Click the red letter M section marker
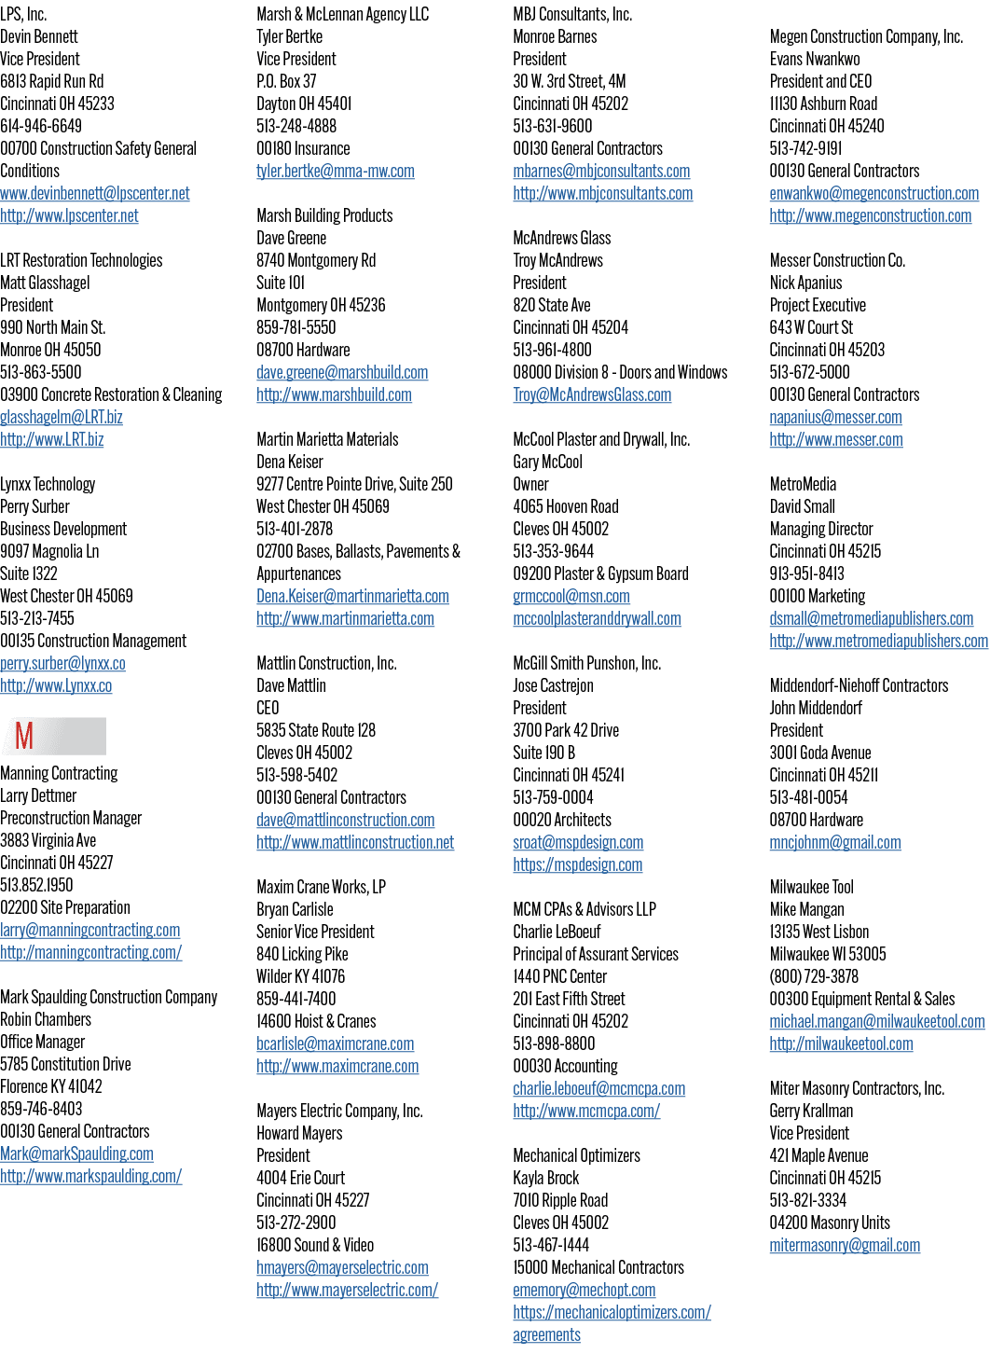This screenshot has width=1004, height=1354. [24, 736]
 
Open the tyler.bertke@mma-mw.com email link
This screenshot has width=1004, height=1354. [335, 171]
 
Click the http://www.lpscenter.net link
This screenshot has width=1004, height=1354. [69, 215]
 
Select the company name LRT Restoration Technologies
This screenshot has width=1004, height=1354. [81, 260]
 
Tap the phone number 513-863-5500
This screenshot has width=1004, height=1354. [40, 372]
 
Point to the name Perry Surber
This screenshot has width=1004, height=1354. [34, 506]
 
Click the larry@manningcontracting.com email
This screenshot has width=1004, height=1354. [89, 930]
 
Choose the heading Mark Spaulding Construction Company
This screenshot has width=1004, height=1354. [109, 997]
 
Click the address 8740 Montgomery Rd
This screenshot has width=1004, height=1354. [316, 260]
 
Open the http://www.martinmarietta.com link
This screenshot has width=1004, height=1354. [346, 618]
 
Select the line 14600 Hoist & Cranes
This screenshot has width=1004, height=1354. [316, 1021]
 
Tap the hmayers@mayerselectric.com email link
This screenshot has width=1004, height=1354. [342, 1267]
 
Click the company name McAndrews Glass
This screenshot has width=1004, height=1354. [562, 238]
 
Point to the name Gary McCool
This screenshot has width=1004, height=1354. [547, 462]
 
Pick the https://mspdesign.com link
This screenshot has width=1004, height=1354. [577, 864]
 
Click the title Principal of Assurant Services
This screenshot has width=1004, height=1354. [596, 954]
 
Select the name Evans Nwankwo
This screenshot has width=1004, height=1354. [815, 59]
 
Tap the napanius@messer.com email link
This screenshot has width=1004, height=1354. [835, 417]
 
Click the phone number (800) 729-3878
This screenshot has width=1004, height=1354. [814, 976]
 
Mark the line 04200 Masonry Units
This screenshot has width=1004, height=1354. [830, 1223]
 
